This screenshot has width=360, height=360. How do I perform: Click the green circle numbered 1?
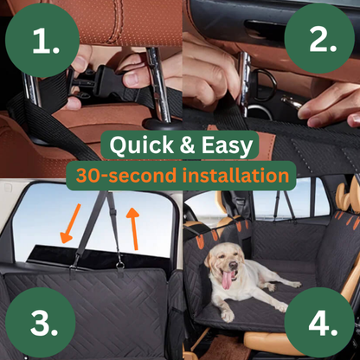(42, 40)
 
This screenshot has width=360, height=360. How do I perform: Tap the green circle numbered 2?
(319, 39)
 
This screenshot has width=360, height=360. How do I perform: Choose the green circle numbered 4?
(319, 323)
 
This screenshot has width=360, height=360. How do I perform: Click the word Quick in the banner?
(141, 145)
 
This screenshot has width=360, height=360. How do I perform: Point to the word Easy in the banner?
(227, 146)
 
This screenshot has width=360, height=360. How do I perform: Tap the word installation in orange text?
(235, 175)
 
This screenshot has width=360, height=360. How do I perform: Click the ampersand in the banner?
(188, 145)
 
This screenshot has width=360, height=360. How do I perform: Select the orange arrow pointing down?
(70, 223)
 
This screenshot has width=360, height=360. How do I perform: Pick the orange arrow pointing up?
(133, 228)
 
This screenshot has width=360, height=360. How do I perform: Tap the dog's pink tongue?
(227, 280)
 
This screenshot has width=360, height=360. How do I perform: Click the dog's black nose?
(233, 265)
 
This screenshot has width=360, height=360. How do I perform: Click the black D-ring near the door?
(265, 83)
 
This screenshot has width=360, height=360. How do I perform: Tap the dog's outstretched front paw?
(228, 316)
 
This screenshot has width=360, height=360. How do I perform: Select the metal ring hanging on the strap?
(120, 266)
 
